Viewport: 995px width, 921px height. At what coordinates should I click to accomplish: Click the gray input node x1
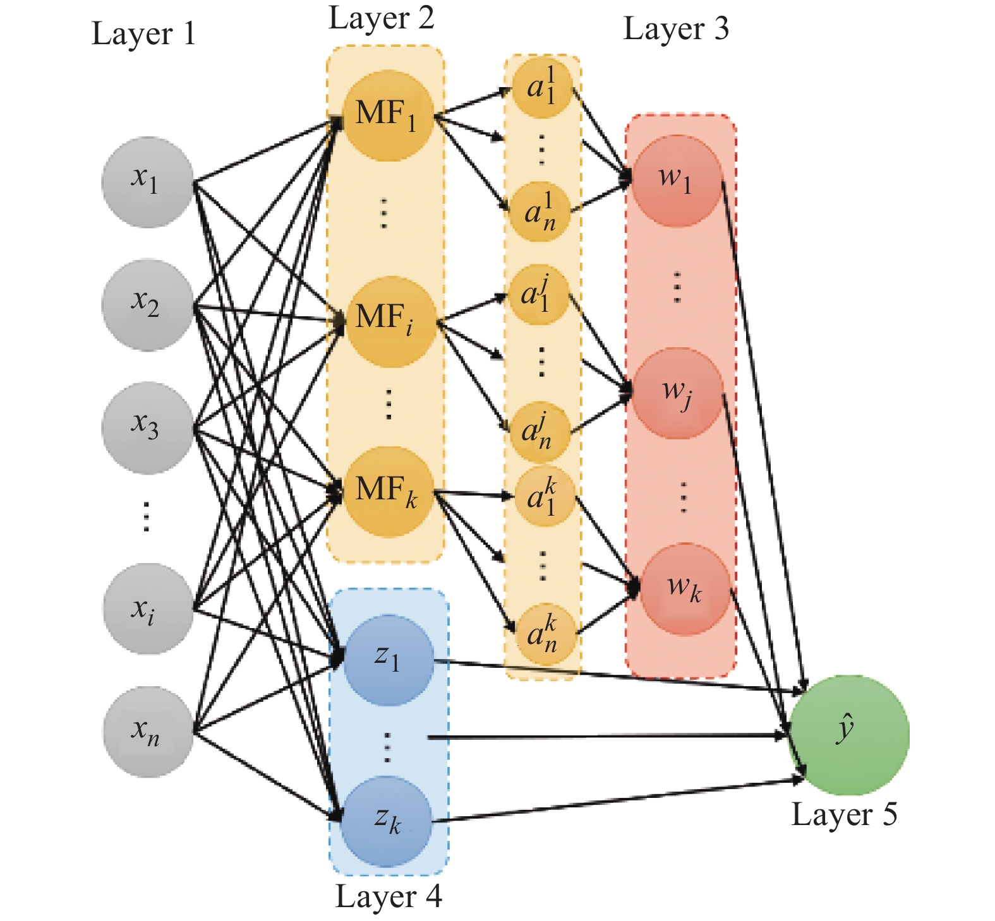pos(147,182)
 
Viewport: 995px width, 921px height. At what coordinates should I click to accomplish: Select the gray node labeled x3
pos(147,427)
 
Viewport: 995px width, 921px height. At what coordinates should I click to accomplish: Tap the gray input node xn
pos(148,732)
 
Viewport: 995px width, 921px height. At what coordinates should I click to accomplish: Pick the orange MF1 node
pos(387,116)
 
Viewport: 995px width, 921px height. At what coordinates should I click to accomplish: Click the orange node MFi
pos(390,321)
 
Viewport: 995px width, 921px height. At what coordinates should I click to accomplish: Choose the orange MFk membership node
pos(387,492)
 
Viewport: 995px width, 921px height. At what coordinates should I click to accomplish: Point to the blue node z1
pos(387,660)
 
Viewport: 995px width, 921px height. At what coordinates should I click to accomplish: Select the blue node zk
pos(386,822)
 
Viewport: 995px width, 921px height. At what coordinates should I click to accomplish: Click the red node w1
pos(677,181)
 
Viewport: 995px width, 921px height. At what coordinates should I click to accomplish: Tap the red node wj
pos(677,393)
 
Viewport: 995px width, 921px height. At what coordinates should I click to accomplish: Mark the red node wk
pos(685,589)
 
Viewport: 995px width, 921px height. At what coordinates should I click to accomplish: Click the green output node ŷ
pos(848,734)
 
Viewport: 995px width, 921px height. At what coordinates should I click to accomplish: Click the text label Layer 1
pos(143,33)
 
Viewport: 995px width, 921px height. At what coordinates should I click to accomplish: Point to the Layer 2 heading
pos(382,18)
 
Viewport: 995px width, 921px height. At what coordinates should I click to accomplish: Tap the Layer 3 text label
pos(675,29)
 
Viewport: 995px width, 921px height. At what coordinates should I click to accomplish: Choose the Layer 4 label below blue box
pos(388,897)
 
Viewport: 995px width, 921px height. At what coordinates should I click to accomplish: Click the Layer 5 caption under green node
pos(844,814)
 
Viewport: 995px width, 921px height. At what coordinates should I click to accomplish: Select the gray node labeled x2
pos(147,304)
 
